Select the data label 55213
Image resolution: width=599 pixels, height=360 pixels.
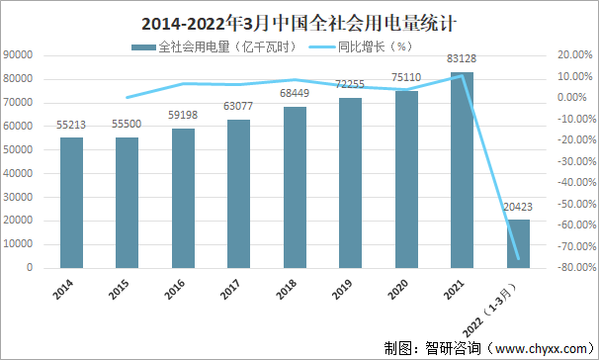pyautogui.click(x=71, y=127)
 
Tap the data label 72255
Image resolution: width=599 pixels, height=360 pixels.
pyautogui.click(x=350, y=86)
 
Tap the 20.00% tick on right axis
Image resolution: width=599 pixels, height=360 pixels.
pyautogui.click(x=574, y=55)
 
